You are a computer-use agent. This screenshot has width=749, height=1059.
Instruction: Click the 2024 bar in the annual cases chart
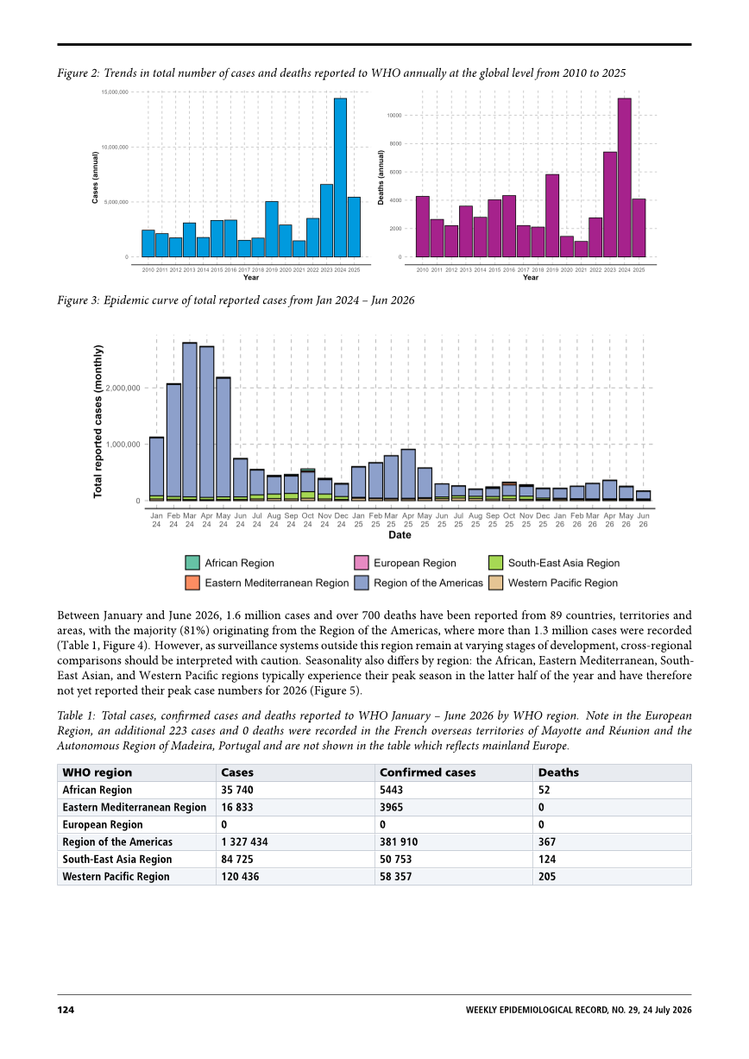pyautogui.click(x=340, y=178)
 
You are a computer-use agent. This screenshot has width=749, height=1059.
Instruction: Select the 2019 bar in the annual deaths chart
pyautogui.click(x=552, y=216)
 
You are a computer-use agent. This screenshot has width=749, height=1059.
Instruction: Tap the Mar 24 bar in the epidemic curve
pyautogui.click(x=190, y=422)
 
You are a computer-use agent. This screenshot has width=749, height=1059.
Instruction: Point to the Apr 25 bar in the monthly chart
pyautogui.click(x=408, y=476)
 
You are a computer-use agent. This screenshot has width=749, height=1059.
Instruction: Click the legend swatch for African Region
pyautogui.click(x=192, y=563)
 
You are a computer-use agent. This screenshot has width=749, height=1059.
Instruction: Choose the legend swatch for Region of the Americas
pyautogui.click(x=362, y=583)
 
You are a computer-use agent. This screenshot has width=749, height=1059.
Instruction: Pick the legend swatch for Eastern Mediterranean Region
pyautogui.click(x=192, y=583)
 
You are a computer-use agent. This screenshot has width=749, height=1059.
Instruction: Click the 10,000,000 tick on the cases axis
pyautogui.click(x=115, y=147)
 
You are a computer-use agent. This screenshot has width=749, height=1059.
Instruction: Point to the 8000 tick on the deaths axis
pyautogui.click(x=394, y=144)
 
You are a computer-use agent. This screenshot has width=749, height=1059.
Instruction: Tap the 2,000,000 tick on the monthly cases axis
pyautogui.click(x=123, y=388)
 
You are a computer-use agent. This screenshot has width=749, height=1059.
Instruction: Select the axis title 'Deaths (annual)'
pyautogui.click(x=381, y=177)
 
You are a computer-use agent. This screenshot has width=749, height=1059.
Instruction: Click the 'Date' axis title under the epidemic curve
pyautogui.click(x=400, y=535)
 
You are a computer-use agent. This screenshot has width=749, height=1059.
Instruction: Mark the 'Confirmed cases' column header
pyautogui.click(x=428, y=772)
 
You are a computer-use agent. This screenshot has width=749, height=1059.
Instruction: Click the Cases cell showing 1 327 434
pyautogui.click(x=244, y=842)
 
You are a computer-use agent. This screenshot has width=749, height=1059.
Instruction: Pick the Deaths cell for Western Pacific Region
pyautogui.click(x=547, y=877)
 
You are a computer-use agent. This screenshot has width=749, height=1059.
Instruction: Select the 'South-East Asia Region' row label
pyautogui.click(x=117, y=859)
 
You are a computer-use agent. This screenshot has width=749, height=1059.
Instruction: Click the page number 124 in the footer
pyautogui.click(x=66, y=1010)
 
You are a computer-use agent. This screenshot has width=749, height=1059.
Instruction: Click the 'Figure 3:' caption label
pyautogui.click(x=79, y=300)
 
